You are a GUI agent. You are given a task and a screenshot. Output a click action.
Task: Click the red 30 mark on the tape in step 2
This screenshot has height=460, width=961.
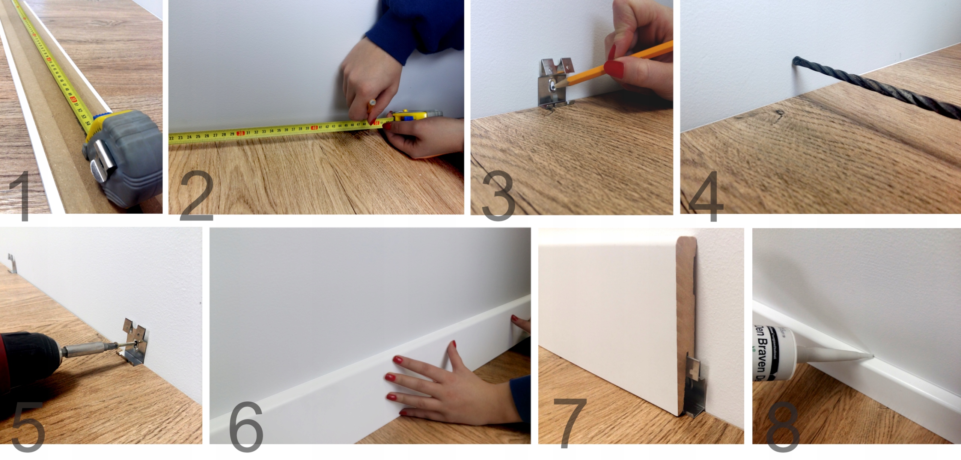pyautogui.click(x=241, y=133)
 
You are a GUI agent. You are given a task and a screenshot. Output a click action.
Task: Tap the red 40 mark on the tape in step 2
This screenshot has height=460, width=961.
pyautogui.click(x=315, y=128)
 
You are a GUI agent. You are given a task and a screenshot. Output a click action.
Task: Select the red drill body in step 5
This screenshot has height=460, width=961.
pyautogui.click(x=23, y=360)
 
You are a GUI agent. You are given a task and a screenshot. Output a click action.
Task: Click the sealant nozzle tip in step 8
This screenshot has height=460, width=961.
pyautogui.click(x=873, y=355)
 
